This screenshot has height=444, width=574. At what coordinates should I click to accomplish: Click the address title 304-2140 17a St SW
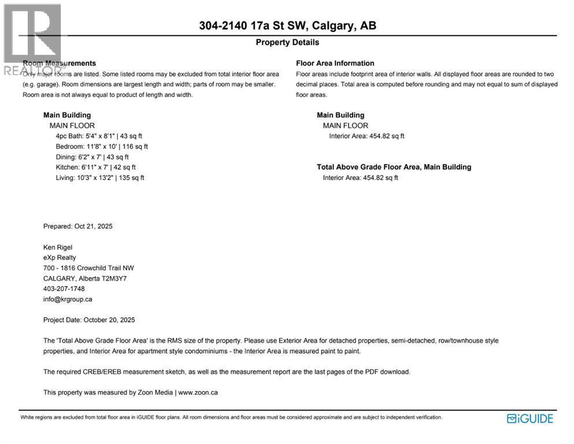click(x=287, y=25)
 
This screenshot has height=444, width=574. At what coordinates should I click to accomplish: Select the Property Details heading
click(x=287, y=42)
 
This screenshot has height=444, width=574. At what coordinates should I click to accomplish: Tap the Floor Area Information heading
click(x=335, y=63)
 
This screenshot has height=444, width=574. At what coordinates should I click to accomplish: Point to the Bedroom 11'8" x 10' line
click(x=102, y=146)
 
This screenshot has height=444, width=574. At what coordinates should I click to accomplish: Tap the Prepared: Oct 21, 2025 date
click(x=78, y=226)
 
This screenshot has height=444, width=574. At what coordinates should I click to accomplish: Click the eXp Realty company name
click(x=60, y=257)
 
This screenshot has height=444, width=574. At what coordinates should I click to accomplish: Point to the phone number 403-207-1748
click(x=64, y=288)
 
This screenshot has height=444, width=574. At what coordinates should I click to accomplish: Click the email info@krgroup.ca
click(x=68, y=299)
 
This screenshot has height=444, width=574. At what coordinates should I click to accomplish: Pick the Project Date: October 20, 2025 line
click(x=89, y=320)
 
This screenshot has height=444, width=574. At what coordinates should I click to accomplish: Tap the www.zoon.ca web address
click(x=198, y=393)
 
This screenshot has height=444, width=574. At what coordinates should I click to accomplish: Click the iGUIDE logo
click(x=529, y=419)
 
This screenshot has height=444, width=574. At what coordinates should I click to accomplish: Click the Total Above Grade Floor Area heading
click(x=394, y=167)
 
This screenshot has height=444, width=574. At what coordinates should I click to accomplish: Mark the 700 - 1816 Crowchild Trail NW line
click(x=88, y=268)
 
